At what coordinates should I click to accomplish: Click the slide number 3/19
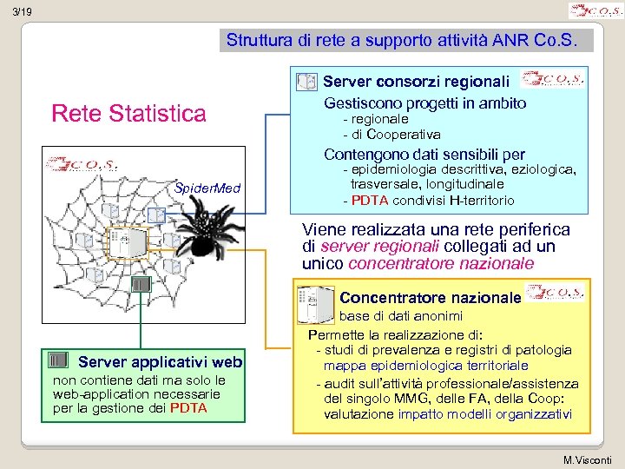point(23,12)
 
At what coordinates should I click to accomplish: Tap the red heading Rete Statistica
point(129,113)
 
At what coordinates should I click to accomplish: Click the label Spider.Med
point(207,188)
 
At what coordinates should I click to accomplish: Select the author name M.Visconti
point(588,459)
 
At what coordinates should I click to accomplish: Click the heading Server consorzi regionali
point(416,82)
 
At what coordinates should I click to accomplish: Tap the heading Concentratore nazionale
point(430,298)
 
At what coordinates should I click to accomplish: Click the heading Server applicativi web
point(161,361)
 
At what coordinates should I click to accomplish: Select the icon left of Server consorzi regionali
point(306,83)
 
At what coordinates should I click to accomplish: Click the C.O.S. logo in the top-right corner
point(595,11)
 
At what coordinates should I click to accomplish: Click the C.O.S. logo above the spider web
point(83,164)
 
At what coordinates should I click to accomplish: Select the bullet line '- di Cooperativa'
point(391,135)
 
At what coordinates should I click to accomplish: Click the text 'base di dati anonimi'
point(400,316)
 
